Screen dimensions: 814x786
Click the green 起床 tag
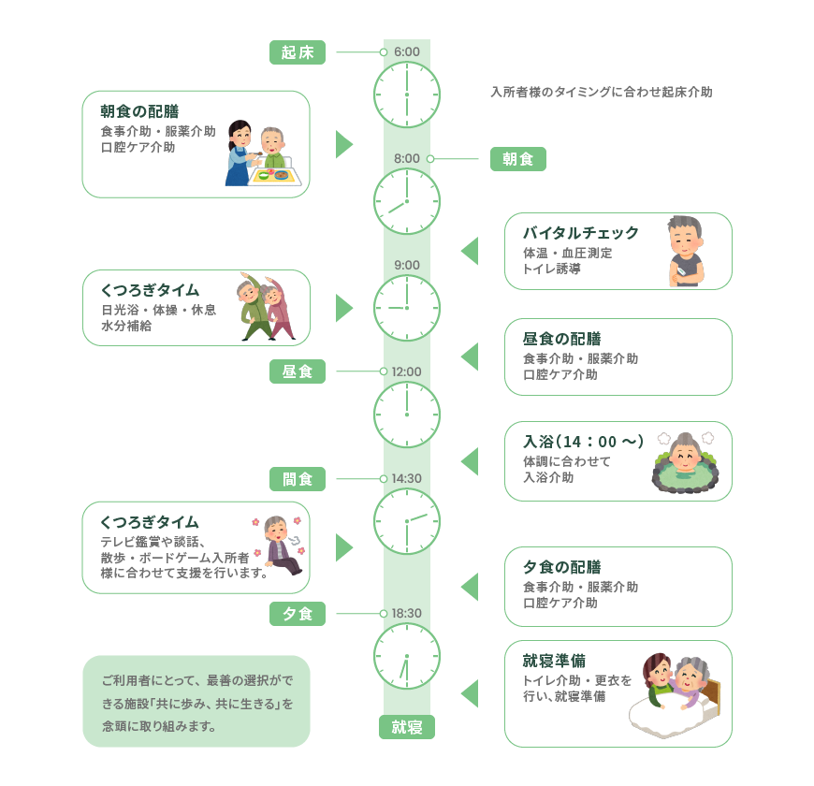tap(298, 52)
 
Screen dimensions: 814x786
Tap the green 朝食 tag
tap(518, 159)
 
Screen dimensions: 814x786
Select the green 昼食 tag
tap(298, 371)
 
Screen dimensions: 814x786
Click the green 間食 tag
tap(298, 479)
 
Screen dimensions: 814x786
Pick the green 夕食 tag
tap(298, 614)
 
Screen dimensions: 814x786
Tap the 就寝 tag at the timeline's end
tap(407, 727)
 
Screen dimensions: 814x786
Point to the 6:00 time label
tap(407, 51)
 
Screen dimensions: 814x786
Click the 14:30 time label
tap(407, 478)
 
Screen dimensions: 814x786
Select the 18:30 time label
tap(407, 613)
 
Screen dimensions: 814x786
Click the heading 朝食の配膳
tap(139, 111)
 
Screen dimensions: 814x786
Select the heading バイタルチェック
tap(581, 233)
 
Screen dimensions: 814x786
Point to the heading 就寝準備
tap(554, 661)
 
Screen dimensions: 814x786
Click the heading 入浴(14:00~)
tap(584, 442)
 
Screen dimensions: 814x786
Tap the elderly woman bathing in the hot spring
tap(686, 461)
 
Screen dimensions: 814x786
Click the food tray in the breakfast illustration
tap(275, 177)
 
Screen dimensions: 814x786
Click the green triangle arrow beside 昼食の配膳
tap(470, 357)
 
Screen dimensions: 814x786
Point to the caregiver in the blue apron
tap(240, 153)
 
